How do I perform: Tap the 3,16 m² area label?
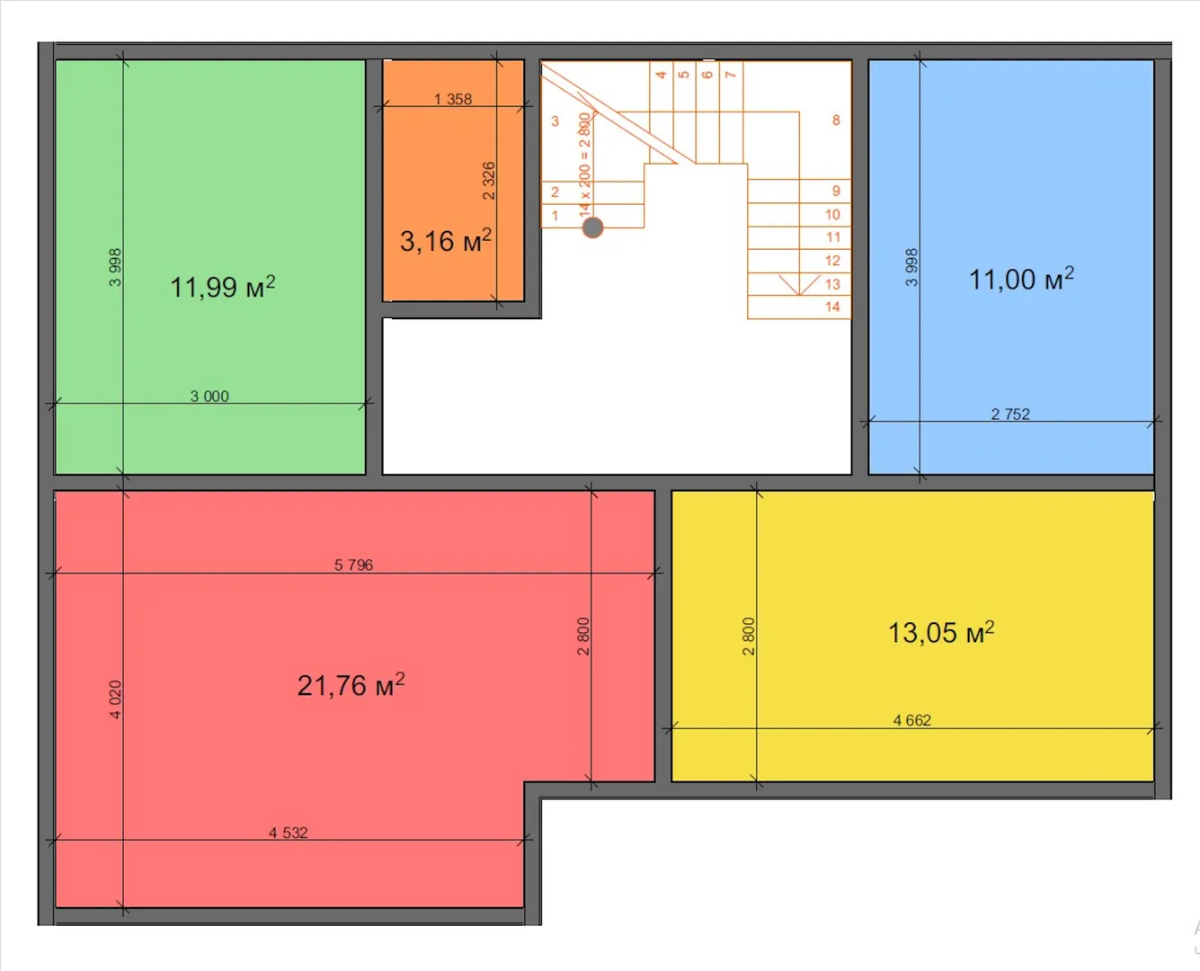coord(446,240)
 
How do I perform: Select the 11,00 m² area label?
coord(1021,279)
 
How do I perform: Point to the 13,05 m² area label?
coord(941,632)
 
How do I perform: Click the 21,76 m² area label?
coord(351,685)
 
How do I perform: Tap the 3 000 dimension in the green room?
coord(209,396)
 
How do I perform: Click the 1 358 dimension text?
coord(453,99)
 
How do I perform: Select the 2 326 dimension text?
coord(488,181)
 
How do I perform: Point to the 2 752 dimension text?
coord(1010,414)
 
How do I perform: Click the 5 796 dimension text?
coord(354,565)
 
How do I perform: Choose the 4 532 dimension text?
coord(289,833)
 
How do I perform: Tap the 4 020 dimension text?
coord(115,699)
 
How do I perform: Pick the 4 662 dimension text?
coord(912,719)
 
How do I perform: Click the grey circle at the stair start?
coord(592,227)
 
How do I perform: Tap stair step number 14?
coord(832,307)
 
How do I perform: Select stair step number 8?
coord(836,120)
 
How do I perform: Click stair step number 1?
coord(555,215)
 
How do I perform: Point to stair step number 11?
coord(833,236)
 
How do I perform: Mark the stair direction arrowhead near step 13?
coord(799,285)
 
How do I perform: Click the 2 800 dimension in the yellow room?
coord(748,637)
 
